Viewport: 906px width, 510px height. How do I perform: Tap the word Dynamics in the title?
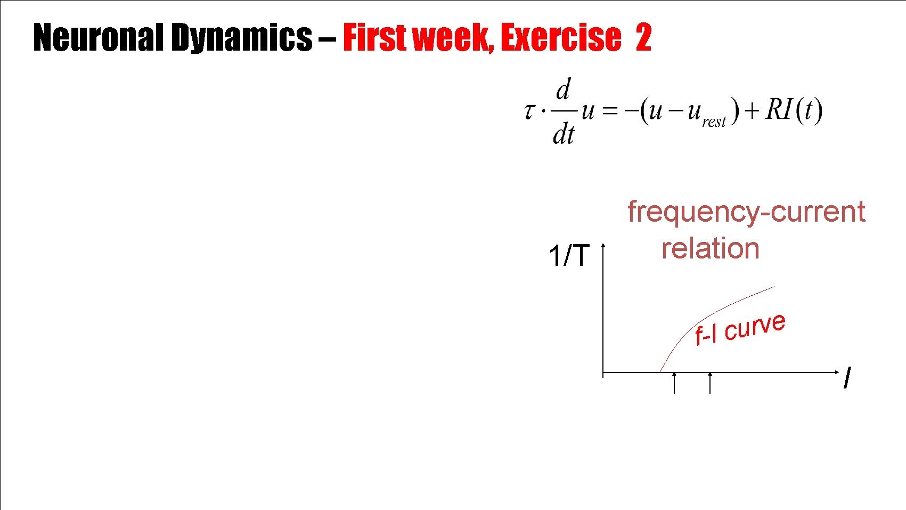[x=241, y=38]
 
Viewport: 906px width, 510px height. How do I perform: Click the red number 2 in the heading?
[x=643, y=37]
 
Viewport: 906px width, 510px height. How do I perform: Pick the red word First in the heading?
[x=376, y=37]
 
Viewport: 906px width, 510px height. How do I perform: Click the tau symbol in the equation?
[x=529, y=111]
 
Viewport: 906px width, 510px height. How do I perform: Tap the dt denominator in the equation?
[x=564, y=134]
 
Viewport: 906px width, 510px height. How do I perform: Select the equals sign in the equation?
[x=610, y=111]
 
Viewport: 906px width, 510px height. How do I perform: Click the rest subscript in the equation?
[x=714, y=122]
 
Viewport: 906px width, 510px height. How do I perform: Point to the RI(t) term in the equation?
[x=794, y=110]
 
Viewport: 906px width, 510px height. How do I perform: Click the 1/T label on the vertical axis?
[x=569, y=256]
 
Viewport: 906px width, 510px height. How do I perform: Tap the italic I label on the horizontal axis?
[x=847, y=378]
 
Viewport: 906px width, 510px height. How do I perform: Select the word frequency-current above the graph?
[x=746, y=212]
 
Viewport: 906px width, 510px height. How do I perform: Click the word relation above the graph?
[x=710, y=249]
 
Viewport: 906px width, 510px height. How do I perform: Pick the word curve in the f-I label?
[x=755, y=327]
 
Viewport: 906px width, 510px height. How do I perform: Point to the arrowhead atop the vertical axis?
[x=603, y=246]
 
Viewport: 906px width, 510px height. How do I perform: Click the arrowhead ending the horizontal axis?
[x=836, y=372]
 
